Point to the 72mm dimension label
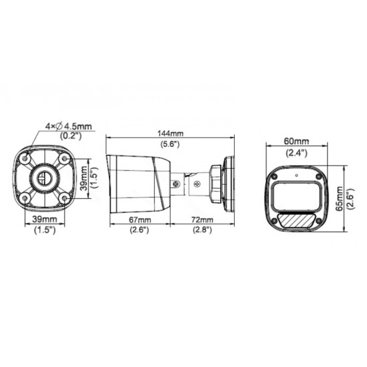point(202,219)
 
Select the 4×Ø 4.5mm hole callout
point(69,125)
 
